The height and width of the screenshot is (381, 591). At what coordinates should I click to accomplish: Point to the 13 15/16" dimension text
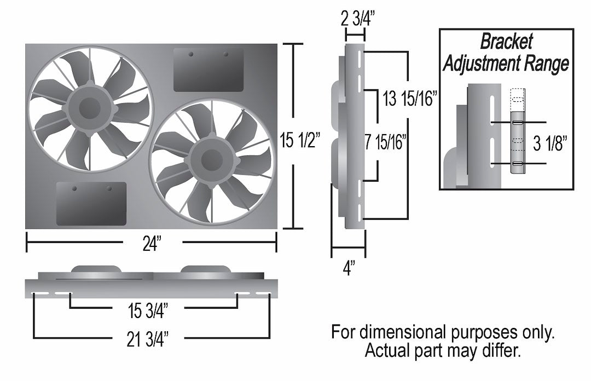(x=409, y=100)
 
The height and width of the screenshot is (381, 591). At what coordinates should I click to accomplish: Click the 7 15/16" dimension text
(x=385, y=143)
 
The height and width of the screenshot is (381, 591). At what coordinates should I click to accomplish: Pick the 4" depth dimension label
(x=349, y=268)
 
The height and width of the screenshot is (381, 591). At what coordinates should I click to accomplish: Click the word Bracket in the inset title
(x=506, y=42)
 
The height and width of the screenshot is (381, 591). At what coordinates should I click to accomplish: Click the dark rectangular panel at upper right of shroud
(x=208, y=70)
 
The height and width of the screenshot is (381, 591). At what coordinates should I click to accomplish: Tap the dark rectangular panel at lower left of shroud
(x=91, y=203)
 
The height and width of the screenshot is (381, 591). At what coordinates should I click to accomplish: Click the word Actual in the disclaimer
(x=389, y=349)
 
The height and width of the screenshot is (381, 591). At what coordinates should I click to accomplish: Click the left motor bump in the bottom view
(x=96, y=270)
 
